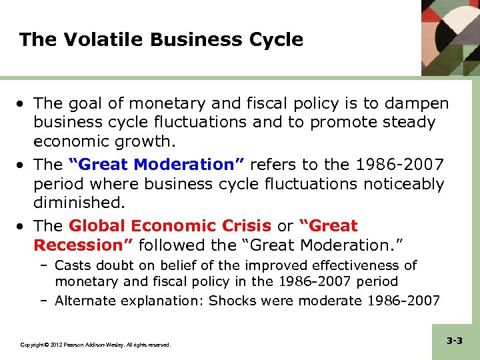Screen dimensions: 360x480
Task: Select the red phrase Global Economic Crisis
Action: [x=170, y=226]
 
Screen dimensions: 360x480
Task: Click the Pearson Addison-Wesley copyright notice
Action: [x=95, y=345]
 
